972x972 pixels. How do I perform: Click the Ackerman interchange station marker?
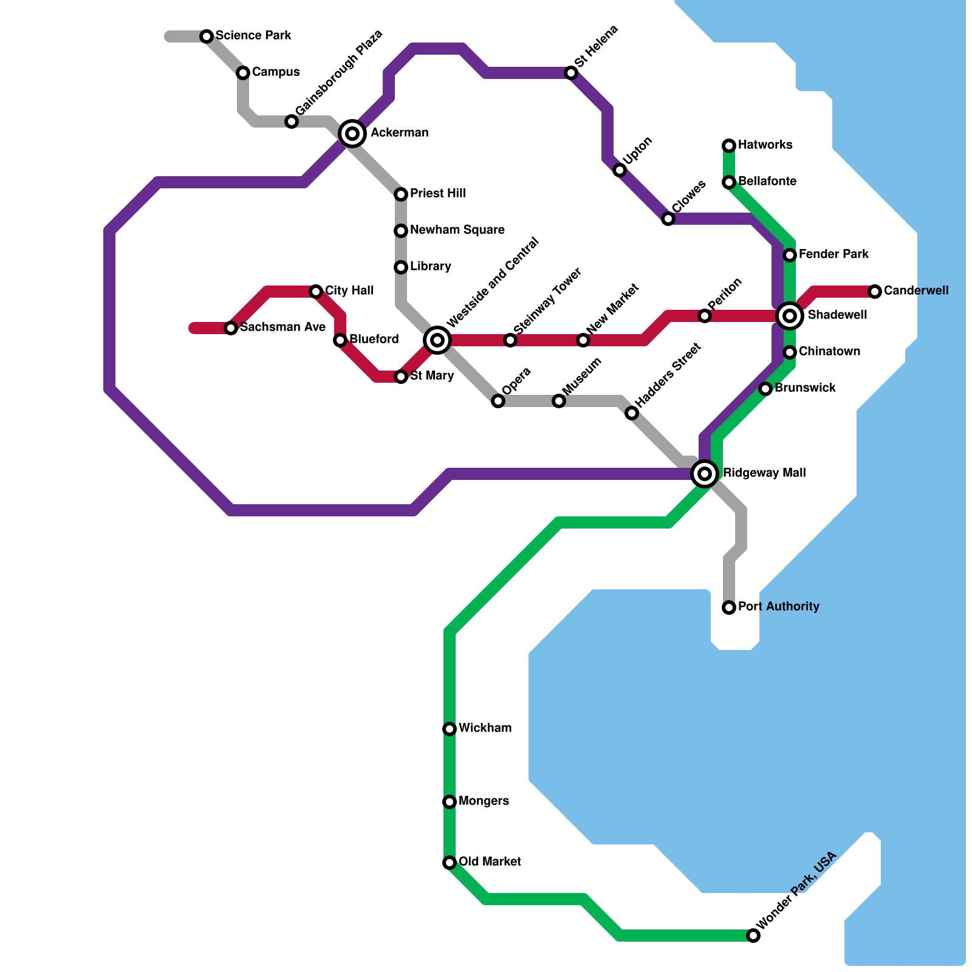352,134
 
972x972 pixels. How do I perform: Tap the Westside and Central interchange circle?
437,340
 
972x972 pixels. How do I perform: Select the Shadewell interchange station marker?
790,315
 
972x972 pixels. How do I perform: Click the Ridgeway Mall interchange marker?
705,473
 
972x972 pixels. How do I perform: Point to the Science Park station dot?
207,36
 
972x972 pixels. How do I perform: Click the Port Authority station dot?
729,607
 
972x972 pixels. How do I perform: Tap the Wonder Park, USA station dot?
753,936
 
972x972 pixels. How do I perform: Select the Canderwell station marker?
875,292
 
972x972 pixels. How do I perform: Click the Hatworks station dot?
729,146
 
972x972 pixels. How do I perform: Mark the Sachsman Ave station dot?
231,328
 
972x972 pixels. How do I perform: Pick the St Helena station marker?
571,73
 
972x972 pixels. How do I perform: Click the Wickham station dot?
450,729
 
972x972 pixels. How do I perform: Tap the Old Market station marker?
450,863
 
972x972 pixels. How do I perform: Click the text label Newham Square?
457,230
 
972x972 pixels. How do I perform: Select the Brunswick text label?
805,388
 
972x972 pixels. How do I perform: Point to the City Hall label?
349,291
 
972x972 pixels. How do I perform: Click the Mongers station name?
484,801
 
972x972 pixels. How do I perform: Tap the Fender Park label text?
833,255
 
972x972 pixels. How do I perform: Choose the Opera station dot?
498,401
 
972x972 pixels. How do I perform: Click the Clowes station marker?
668,219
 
